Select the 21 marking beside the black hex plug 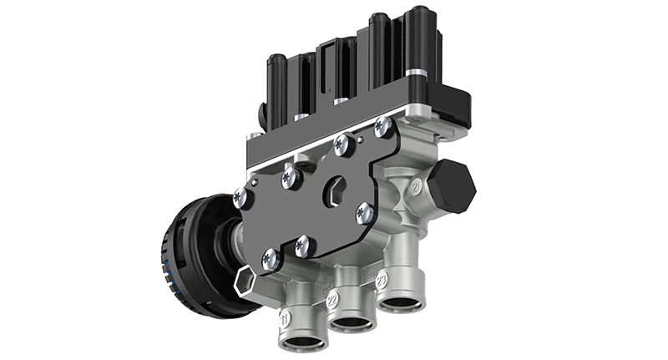click(415, 189)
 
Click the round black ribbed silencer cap click(185, 255)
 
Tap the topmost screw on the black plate click(383, 128)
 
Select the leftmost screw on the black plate click(240, 197)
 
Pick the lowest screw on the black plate click(269, 260)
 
